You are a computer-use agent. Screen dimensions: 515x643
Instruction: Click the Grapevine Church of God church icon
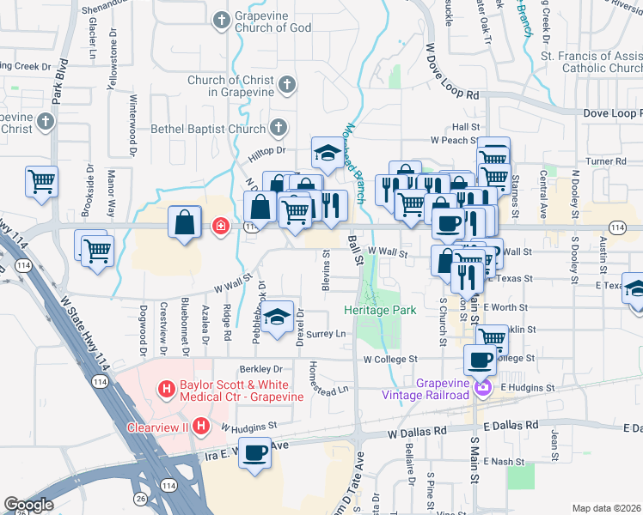221,18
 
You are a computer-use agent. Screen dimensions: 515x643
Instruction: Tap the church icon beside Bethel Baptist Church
277,129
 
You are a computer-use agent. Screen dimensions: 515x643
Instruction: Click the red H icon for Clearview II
201,426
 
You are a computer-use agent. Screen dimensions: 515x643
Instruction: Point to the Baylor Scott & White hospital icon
167,391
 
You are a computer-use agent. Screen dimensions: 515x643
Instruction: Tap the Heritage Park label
380,309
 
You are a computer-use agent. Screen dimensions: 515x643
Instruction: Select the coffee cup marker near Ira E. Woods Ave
254,452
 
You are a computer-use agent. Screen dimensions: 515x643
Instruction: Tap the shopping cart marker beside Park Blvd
41,181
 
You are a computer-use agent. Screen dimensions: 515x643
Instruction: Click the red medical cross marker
220,227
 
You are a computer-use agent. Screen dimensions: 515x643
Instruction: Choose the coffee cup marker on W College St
480,360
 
